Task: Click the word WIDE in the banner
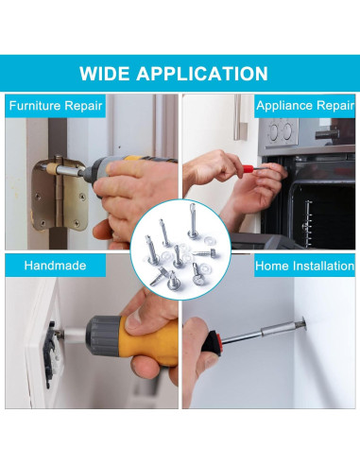click(104, 74)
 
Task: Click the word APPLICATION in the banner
click(202, 74)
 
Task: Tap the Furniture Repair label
click(56, 106)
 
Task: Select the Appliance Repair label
click(305, 106)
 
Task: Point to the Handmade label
click(55, 266)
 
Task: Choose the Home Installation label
click(304, 266)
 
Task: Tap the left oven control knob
click(274, 129)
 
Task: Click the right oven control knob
click(287, 130)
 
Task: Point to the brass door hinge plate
click(60, 194)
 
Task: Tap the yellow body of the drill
click(148, 343)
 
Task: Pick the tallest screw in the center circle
click(193, 221)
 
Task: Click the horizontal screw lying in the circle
click(206, 252)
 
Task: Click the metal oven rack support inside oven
click(307, 223)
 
